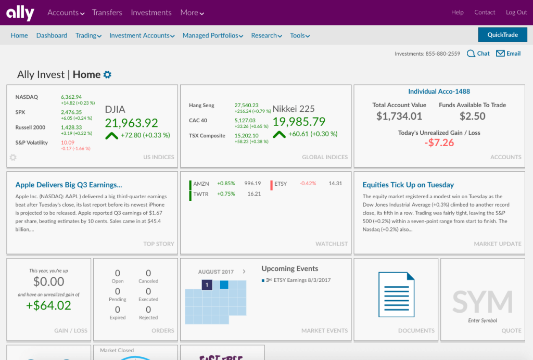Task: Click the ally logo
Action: point(20,12)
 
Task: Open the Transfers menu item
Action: point(107,12)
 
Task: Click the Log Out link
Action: point(516,12)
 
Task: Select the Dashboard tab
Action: point(52,35)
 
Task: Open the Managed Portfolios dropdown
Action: point(213,35)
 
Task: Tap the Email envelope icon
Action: point(500,54)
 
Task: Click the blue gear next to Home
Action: point(107,74)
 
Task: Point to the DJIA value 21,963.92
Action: point(131,123)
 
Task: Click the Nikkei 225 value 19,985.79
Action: point(299,122)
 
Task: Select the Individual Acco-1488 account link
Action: point(439,92)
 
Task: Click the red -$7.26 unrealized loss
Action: point(439,143)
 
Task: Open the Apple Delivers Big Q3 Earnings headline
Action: point(69,185)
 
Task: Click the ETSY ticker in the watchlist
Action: point(280,184)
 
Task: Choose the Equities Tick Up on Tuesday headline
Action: point(408,185)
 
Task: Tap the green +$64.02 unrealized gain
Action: point(48,305)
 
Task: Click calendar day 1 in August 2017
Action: point(207,285)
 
